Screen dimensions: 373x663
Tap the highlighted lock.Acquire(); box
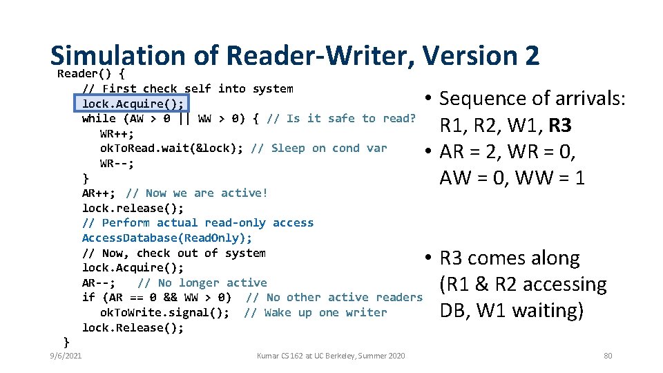click(132, 104)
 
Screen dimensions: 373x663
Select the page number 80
click(608, 356)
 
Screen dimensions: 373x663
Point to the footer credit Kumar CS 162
click(331, 356)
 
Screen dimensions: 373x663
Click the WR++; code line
click(117, 133)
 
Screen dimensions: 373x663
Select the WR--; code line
click(117, 164)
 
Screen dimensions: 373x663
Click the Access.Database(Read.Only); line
click(167, 238)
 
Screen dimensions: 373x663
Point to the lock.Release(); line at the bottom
click(133, 327)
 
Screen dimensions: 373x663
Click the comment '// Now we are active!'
click(196, 193)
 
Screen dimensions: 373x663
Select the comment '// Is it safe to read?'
click(340, 119)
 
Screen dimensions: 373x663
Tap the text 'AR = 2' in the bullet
click(470, 152)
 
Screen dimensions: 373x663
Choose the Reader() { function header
click(90, 73)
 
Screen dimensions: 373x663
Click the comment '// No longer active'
click(202, 283)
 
